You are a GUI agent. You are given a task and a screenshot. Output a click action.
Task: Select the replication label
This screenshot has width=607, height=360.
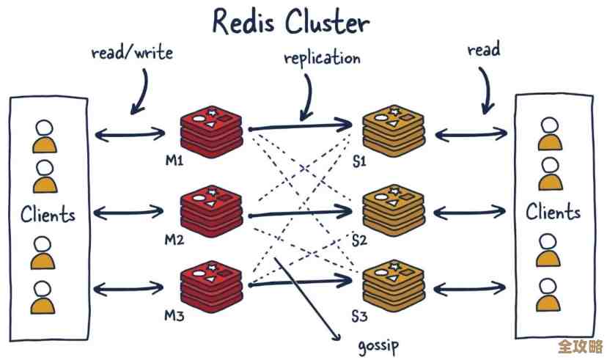tap(322, 57)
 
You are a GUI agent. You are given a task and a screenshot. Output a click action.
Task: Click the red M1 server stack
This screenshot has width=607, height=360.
tap(212, 129)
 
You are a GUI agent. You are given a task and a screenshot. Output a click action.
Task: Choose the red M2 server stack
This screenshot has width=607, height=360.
tap(212, 210)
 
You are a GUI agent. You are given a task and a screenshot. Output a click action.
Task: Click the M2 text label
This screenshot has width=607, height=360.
tap(174, 240)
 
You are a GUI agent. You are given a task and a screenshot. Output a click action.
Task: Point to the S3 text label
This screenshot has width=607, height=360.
tap(358, 317)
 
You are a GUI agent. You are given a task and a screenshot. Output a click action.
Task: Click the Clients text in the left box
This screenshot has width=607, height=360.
tap(48, 216)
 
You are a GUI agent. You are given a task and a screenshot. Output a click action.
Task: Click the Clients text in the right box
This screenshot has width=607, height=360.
tap(553, 213)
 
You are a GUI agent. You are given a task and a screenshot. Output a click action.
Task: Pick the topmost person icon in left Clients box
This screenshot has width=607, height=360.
tap(45, 135)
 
